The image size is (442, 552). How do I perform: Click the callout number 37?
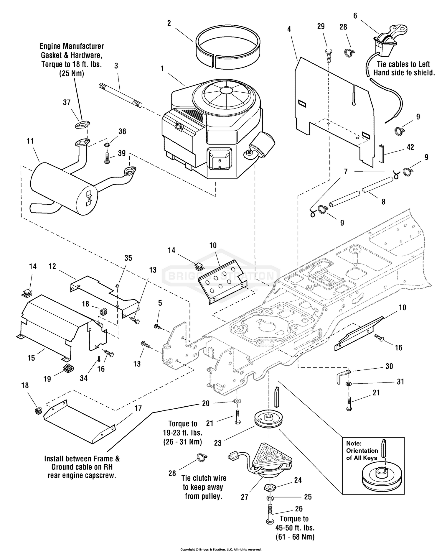click(67, 102)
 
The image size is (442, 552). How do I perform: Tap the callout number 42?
click(410, 147)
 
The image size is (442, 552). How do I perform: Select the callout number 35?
click(128, 258)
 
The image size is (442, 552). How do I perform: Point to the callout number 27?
click(245, 497)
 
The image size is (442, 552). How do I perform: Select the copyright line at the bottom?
click(221, 549)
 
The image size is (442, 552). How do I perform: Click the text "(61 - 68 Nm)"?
click(295, 537)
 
